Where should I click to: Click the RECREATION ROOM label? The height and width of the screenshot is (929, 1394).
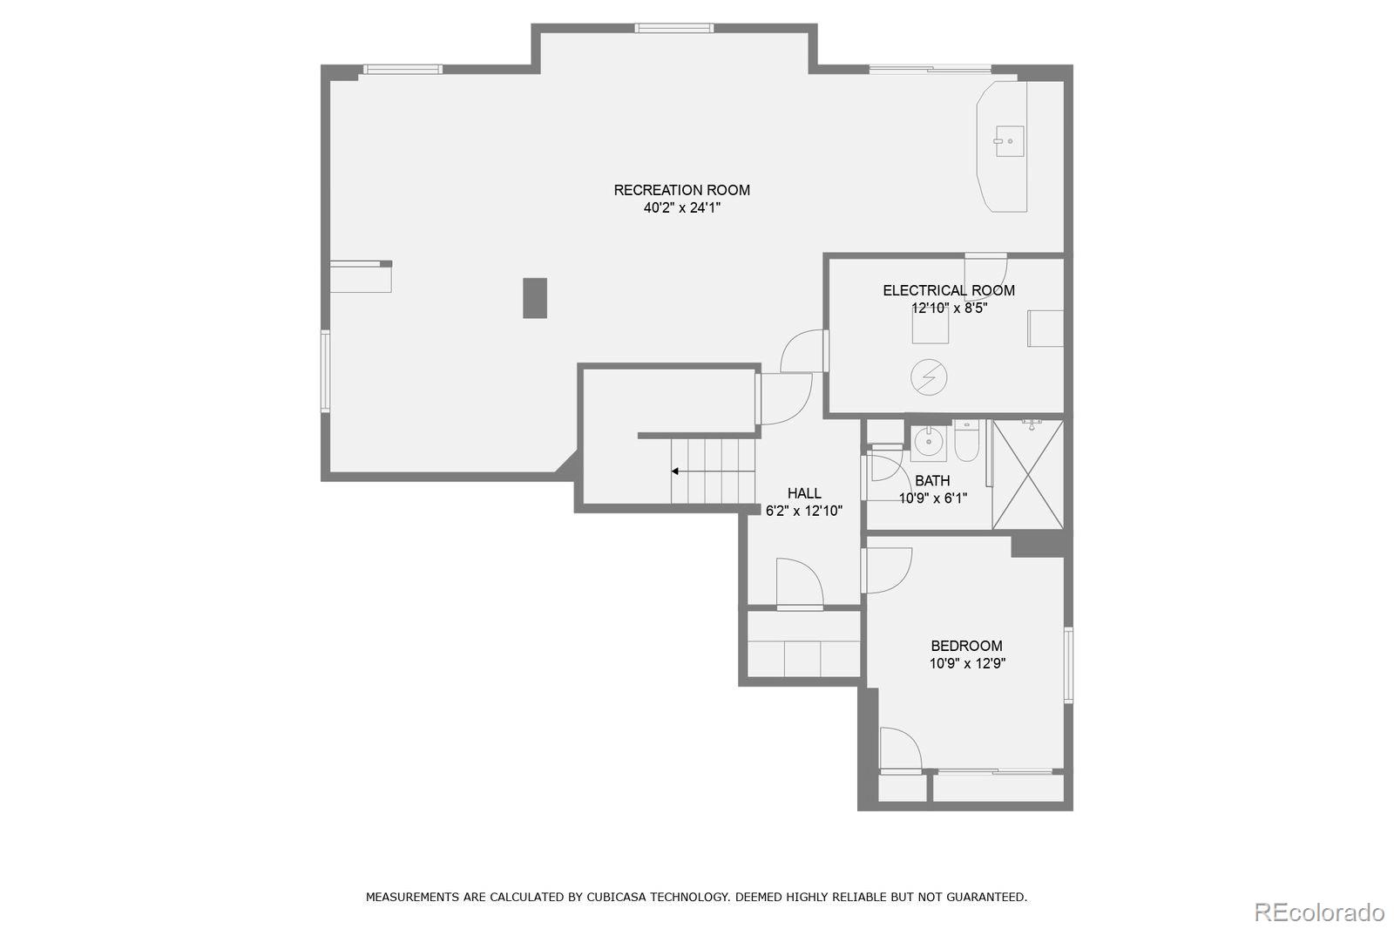(x=681, y=190)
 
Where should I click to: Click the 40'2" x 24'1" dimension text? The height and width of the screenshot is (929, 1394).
(x=681, y=208)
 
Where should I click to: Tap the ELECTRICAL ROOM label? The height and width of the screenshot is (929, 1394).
(x=949, y=290)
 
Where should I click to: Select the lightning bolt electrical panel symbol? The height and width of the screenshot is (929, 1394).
(x=929, y=377)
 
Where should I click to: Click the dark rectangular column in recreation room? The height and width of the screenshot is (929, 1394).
(x=535, y=298)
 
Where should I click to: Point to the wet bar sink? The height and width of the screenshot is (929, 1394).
(x=1010, y=141)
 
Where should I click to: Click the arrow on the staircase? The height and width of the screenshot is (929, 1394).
(x=675, y=471)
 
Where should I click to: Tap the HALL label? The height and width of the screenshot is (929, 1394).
(x=803, y=493)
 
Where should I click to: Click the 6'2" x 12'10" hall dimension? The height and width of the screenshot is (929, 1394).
(x=803, y=512)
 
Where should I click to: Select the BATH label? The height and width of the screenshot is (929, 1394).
(x=932, y=481)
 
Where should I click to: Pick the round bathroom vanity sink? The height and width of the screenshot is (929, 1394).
(x=929, y=443)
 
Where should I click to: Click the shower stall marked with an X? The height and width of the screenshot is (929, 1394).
(x=1028, y=474)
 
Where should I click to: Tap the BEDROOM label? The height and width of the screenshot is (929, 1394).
(x=966, y=646)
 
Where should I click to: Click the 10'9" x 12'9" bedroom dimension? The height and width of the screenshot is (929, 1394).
(x=966, y=664)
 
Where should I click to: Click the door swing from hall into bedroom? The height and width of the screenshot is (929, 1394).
(x=887, y=570)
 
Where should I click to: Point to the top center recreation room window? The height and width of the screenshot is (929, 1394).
(x=673, y=28)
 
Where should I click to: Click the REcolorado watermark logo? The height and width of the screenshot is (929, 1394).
(x=1319, y=912)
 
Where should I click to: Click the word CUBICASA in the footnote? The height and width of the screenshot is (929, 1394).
(x=622, y=897)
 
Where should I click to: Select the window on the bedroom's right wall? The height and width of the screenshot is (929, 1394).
(x=1068, y=665)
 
